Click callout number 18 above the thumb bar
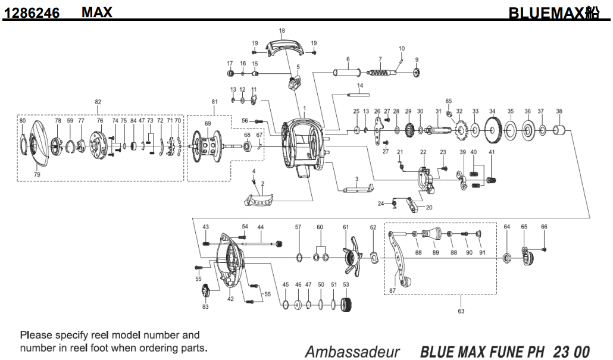click(282, 30)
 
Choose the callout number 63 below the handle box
click(461, 311)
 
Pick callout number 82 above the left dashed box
click(98, 102)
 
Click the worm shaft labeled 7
click(381, 73)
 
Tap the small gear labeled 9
click(417, 73)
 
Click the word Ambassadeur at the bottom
click(352, 351)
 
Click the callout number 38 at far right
click(559, 111)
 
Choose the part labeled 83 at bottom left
click(206, 292)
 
